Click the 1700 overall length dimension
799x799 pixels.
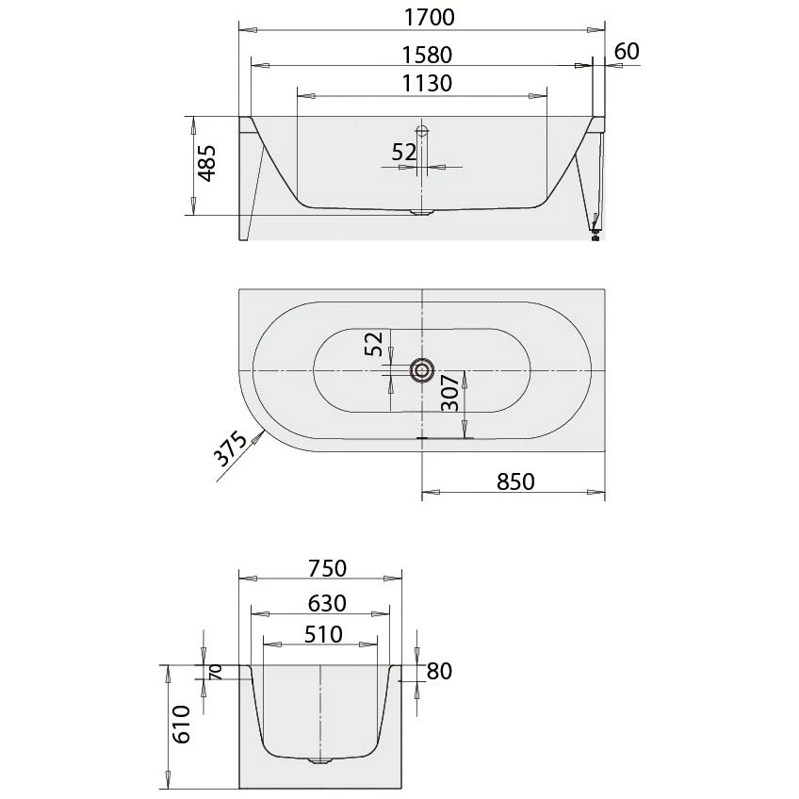[x=422, y=16]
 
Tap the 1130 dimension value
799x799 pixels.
[x=422, y=83]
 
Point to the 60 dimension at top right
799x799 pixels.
[x=627, y=51]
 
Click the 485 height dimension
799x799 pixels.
[x=207, y=164]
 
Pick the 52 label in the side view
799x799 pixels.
[x=404, y=152]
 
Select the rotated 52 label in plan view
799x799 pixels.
[x=375, y=345]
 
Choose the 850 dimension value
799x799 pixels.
[x=515, y=481]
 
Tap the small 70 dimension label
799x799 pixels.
[x=216, y=672]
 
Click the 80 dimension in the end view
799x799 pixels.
[x=439, y=672]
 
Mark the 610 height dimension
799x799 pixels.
[x=183, y=724]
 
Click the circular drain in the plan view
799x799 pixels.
[x=421, y=370]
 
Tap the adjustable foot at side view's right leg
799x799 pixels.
[x=595, y=236]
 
